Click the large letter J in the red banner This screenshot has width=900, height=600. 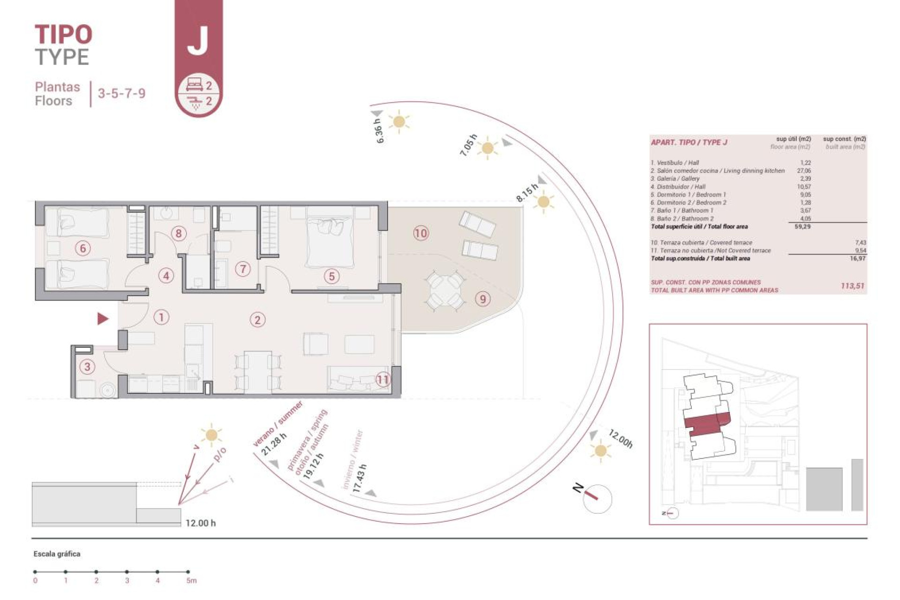(x=198, y=41)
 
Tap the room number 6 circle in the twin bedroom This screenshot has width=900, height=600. (x=83, y=248)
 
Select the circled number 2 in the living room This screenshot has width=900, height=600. (x=257, y=320)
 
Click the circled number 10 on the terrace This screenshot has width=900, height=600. (x=420, y=233)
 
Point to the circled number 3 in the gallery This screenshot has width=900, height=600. (x=87, y=367)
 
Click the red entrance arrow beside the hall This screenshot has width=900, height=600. (x=103, y=319)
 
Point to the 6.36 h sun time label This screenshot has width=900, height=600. (x=379, y=131)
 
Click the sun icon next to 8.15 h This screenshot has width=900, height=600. (x=544, y=202)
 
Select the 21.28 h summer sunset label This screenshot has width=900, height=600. (x=274, y=444)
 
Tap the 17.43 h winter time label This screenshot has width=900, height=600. (x=360, y=478)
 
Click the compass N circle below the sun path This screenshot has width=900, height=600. (x=598, y=498)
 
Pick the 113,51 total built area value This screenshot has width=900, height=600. (x=852, y=285)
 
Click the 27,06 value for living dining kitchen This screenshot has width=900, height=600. (x=803, y=171)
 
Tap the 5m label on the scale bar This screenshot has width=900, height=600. (x=191, y=580)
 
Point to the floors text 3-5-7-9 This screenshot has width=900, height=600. (x=121, y=93)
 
